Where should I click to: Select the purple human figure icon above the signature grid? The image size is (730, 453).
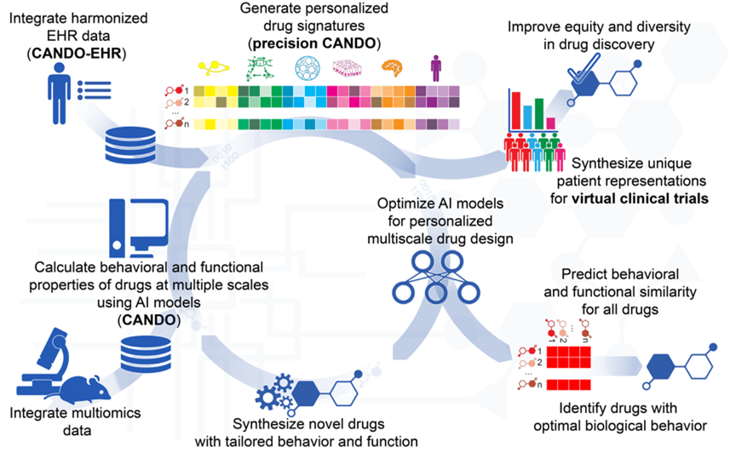(436, 66)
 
